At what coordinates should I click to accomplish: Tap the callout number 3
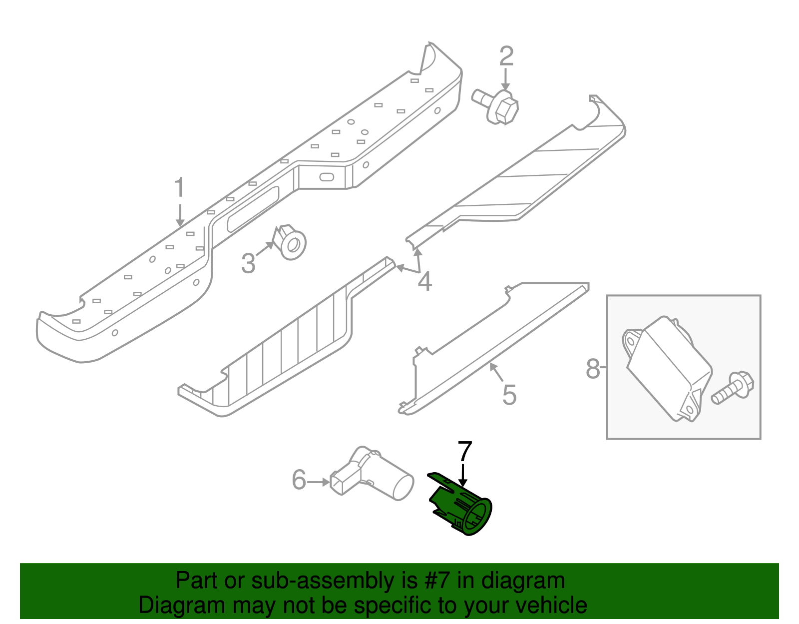click(248, 263)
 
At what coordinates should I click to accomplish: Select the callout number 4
click(424, 282)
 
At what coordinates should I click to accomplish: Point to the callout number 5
click(509, 395)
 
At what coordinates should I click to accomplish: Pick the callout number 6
click(299, 480)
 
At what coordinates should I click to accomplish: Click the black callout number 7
click(464, 451)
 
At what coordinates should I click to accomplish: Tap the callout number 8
click(592, 369)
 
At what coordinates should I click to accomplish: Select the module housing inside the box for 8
click(668, 368)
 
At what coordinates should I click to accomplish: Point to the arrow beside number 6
click(318, 482)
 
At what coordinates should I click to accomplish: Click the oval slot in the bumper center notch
click(327, 177)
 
